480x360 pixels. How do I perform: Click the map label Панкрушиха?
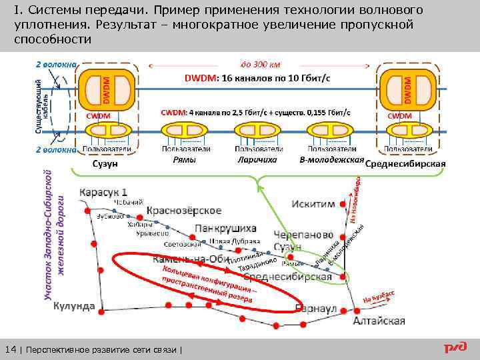225,229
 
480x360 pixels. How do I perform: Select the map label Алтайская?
379,321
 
